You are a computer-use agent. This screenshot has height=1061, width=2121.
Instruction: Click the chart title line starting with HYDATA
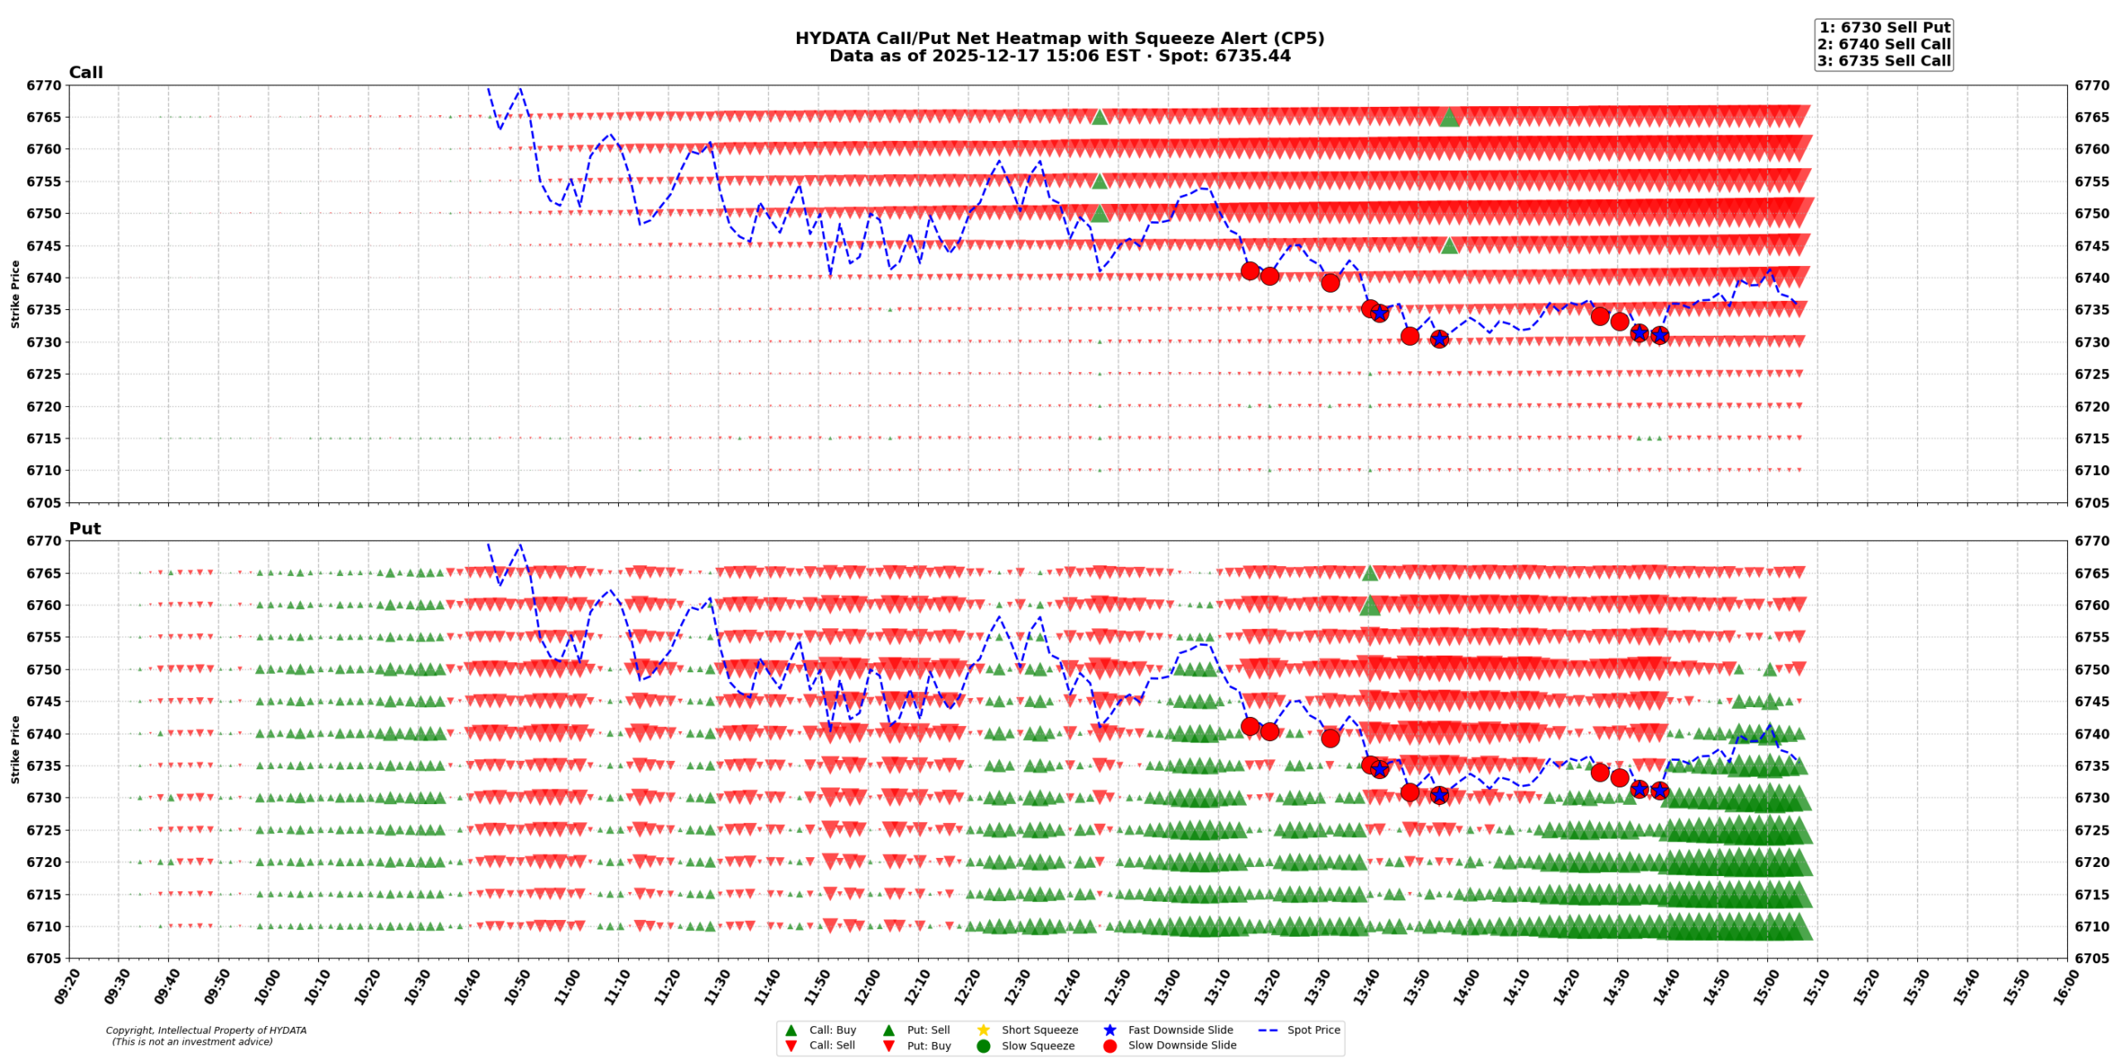pos(1059,38)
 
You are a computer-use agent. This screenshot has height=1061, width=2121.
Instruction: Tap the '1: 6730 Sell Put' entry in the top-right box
pos(1883,27)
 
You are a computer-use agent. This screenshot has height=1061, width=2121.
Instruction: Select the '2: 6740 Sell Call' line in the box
pos(1883,44)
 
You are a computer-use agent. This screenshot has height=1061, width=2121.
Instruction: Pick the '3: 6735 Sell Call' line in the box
pos(1883,61)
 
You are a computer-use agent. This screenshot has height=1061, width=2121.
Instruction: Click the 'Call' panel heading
pos(85,73)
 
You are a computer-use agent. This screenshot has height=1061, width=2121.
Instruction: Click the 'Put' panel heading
pos(85,529)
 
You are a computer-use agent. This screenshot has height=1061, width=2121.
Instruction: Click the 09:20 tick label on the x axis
pos(65,987)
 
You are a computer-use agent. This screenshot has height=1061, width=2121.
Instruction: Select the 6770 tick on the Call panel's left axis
pos(43,85)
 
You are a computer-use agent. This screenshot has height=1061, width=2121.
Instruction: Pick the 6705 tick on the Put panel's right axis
pos(2092,958)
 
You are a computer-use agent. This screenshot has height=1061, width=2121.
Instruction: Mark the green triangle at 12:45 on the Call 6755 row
pos(1099,181)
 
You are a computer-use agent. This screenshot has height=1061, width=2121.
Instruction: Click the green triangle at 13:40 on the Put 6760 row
pos(1370,606)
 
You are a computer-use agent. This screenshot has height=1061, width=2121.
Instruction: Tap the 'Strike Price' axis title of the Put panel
pos(15,749)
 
